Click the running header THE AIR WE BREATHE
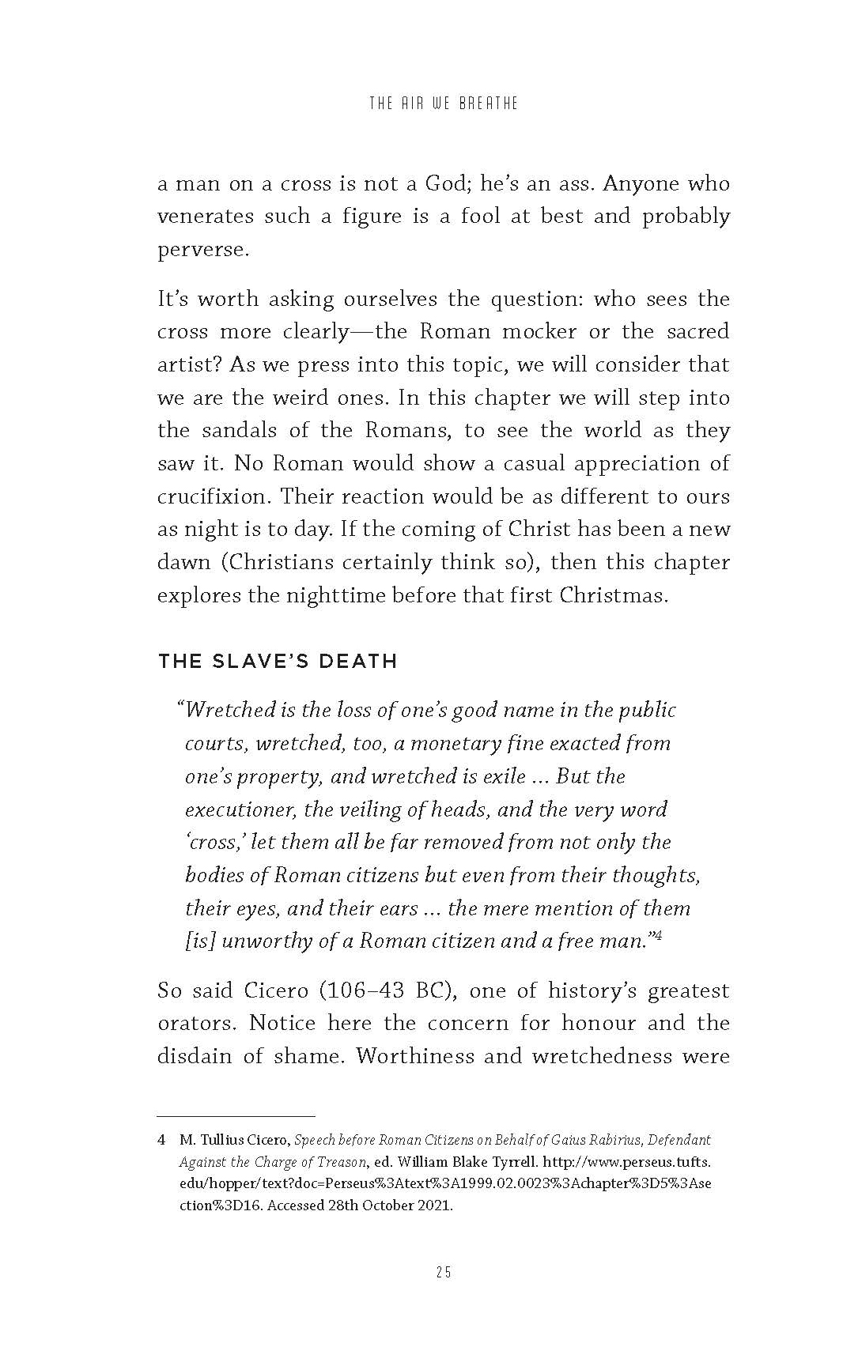tap(443, 104)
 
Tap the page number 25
tap(443, 1272)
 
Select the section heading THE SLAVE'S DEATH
tap(277, 661)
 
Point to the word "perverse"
tap(202, 250)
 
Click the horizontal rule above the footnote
tap(236, 1115)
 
